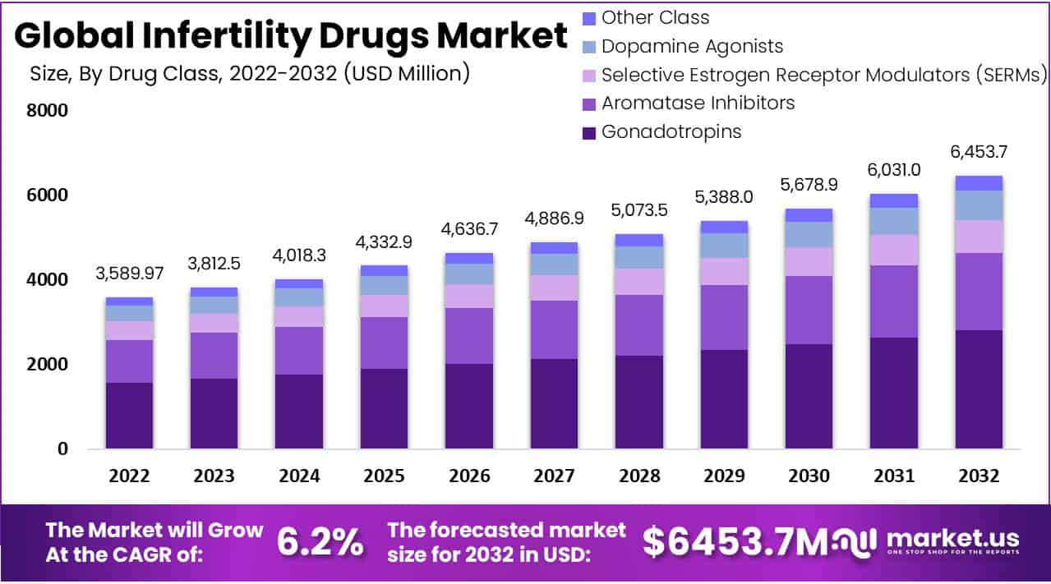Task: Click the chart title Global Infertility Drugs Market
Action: coord(291,36)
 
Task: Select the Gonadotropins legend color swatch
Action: coord(588,132)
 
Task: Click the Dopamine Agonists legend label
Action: coord(692,46)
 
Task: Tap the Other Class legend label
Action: coord(655,17)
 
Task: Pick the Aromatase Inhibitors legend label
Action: coord(698,103)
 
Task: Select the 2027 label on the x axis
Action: coord(554,476)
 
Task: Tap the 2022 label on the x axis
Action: coord(130,476)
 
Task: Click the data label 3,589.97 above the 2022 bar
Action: coord(130,273)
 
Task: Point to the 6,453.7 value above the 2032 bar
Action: coord(979,152)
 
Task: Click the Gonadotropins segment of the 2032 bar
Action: coord(979,389)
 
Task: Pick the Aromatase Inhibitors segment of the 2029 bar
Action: coord(724,317)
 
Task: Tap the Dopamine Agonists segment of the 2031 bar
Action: coord(894,221)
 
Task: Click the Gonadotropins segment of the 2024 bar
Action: coord(299,412)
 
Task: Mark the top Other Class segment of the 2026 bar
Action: coord(469,258)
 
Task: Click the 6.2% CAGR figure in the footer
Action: coord(320,542)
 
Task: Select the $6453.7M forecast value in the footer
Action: coord(735,542)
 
